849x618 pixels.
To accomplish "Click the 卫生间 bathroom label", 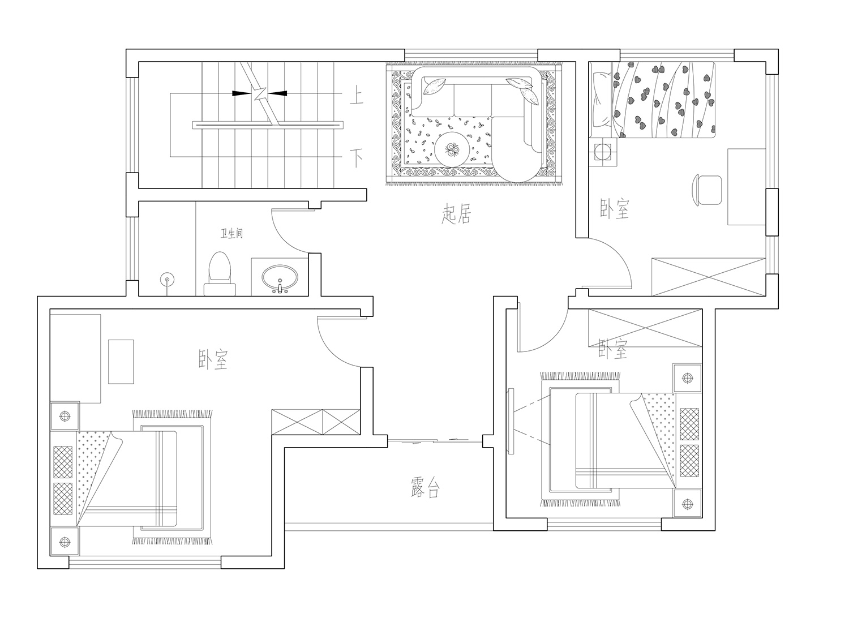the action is (231, 233).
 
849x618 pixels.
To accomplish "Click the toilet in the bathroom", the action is (220, 273).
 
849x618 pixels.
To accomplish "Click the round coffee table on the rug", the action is (452, 149).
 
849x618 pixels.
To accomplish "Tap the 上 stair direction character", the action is (356, 96).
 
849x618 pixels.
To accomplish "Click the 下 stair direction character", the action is (356, 158).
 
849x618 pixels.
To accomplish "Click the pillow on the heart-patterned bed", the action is (603, 99).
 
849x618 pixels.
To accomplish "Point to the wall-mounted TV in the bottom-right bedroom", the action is (511, 421).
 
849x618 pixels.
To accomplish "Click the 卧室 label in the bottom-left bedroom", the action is (213, 359).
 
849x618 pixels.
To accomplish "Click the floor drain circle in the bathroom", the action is (167, 280).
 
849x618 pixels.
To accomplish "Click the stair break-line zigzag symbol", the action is (260, 93).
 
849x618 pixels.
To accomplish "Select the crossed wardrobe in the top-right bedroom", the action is (709, 277).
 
